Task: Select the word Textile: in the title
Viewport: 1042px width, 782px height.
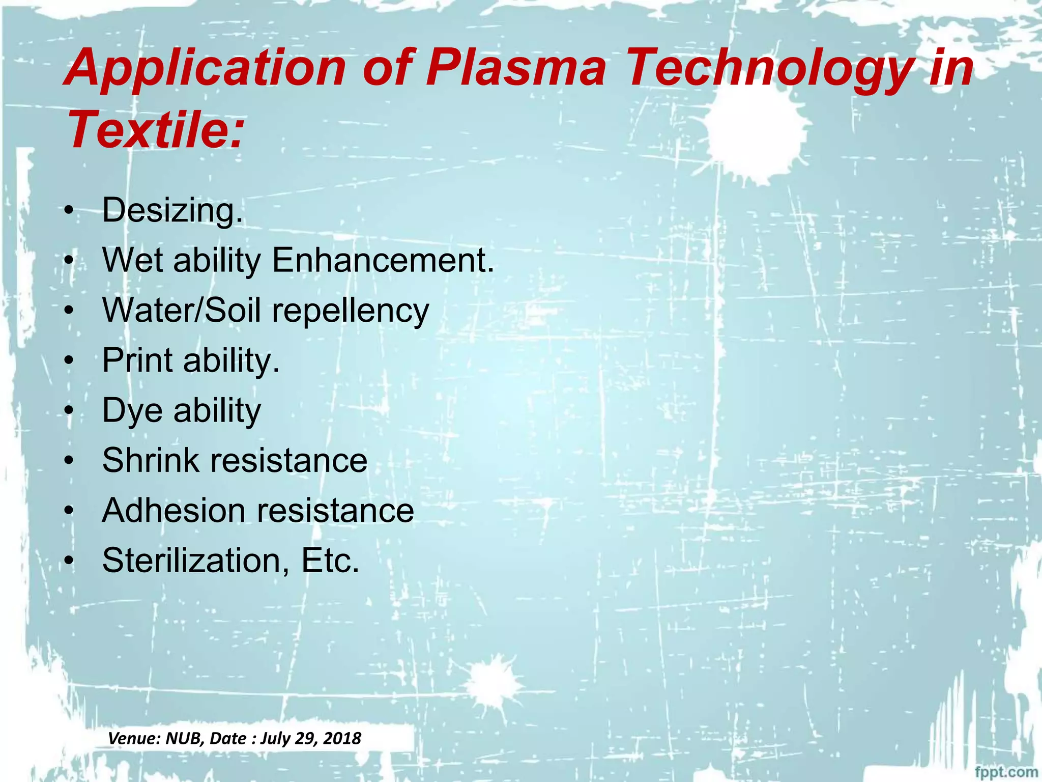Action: pyautogui.click(x=155, y=130)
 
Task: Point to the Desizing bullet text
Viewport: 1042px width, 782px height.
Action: pyautogui.click(x=172, y=210)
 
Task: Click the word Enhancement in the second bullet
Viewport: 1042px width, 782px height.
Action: pyautogui.click(x=383, y=260)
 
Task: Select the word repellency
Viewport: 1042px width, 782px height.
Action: pyautogui.click(x=351, y=311)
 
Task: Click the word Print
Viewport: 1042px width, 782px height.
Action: pyautogui.click(x=137, y=360)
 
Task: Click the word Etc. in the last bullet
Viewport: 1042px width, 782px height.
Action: pyautogui.click(x=330, y=561)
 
